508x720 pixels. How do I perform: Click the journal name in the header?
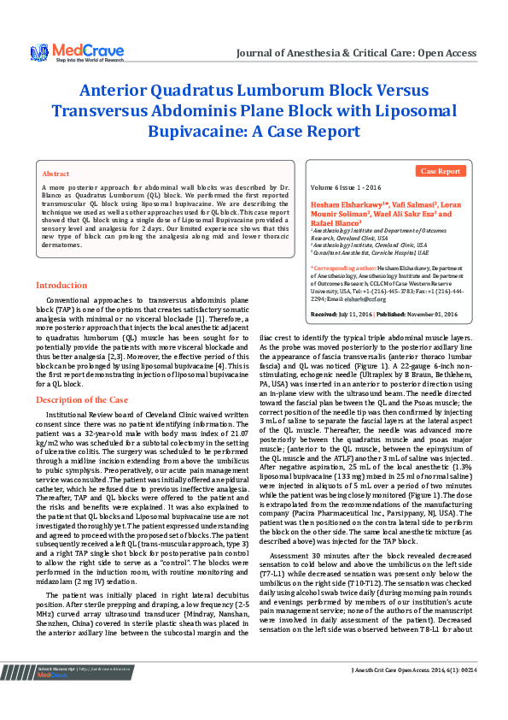[356, 53]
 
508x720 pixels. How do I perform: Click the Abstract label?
[55, 173]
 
